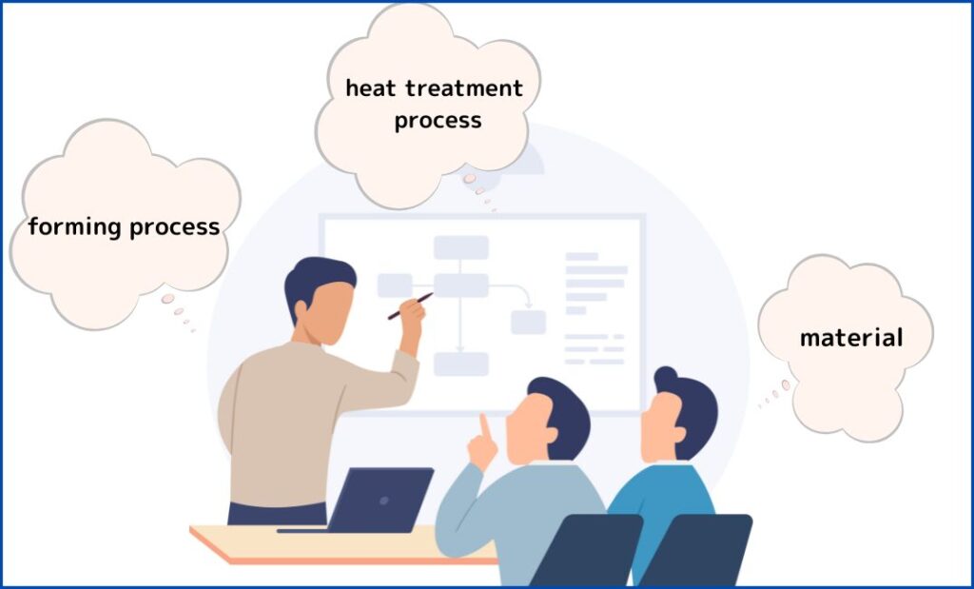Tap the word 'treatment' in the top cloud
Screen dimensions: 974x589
pyautogui.click(x=464, y=88)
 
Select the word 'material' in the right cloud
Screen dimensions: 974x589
pyautogui.click(x=851, y=338)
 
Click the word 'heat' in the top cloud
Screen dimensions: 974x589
pyautogui.click(x=370, y=88)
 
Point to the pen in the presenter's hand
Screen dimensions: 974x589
pyautogui.click(x=410, y=306)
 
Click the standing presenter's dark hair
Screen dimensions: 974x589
pyautogui.click(x=318, y=280)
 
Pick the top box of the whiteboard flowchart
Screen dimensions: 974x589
pyautogui.click(x=461, y=247)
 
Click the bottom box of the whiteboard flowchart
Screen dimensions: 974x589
pyautogui.click(x=461, y=364)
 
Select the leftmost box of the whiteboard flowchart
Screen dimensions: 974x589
pyautogui.click(x=395, y=285)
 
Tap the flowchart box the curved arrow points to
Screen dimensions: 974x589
pyautogui.click(x=529, y=322)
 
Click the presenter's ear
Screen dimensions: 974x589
pyautogui.click(x=302, y=310)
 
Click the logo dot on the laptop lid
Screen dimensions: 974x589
pyautogui.click(x=384, y=501)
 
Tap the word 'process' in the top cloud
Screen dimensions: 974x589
pyautogui.click(x=438, y=121)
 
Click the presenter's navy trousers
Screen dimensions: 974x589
pyautogui.click(x=277, y=513)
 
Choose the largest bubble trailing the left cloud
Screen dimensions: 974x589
pyautogui.click(x=167, y=299)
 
